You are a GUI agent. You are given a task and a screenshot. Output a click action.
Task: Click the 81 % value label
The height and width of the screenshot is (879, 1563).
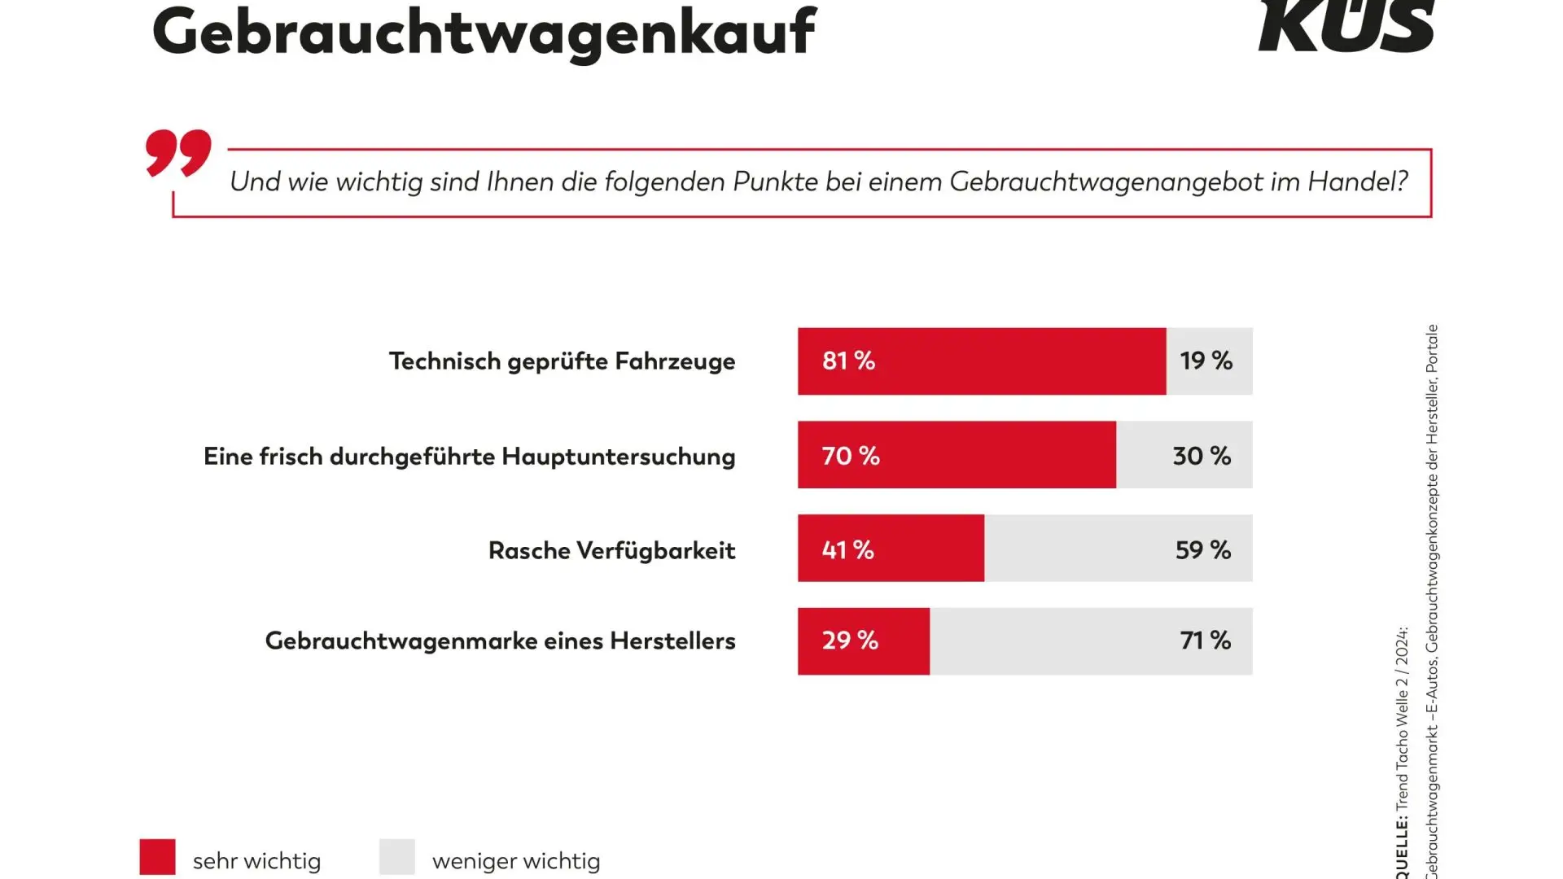(x=848, y=361)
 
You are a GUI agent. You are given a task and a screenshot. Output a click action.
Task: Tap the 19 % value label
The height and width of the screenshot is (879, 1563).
(x=1206, y=361)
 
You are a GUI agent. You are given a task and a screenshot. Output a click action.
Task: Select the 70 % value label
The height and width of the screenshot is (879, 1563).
(x=851, y=456)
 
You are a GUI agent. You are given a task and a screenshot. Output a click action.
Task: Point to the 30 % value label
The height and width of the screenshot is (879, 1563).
(x=1202, y=456)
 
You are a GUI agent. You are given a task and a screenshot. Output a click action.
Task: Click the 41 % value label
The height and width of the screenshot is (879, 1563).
(x=847, y=550)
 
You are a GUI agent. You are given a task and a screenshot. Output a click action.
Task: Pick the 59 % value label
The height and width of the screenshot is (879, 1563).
(x=1203, y=550)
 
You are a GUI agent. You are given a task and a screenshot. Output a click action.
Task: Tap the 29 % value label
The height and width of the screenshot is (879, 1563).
(x=850, y=641)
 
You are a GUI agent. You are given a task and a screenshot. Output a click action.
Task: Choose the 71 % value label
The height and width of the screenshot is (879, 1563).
(x=1206, y=641)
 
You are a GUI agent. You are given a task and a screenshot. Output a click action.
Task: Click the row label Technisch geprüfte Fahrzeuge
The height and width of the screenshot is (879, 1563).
(x=562, y=361)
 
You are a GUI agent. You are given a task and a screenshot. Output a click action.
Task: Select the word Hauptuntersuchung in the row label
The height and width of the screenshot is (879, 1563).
(x=618, y=457)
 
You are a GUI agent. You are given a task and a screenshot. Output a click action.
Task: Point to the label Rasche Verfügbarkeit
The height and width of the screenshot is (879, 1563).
(x=611, y=551)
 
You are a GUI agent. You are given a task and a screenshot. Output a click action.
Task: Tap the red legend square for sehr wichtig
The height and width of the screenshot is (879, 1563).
(x=157, y=857)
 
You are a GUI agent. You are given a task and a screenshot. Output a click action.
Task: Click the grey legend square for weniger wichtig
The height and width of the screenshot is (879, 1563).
(x=397, y=857)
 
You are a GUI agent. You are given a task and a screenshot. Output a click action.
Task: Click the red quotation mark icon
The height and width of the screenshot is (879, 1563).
(x=178, y=152)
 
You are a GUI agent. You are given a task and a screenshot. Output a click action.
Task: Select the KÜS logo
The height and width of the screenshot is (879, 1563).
(x=1346, y=26)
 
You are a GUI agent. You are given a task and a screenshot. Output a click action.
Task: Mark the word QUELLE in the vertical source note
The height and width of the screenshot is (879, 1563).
(x=1402, y=851)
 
